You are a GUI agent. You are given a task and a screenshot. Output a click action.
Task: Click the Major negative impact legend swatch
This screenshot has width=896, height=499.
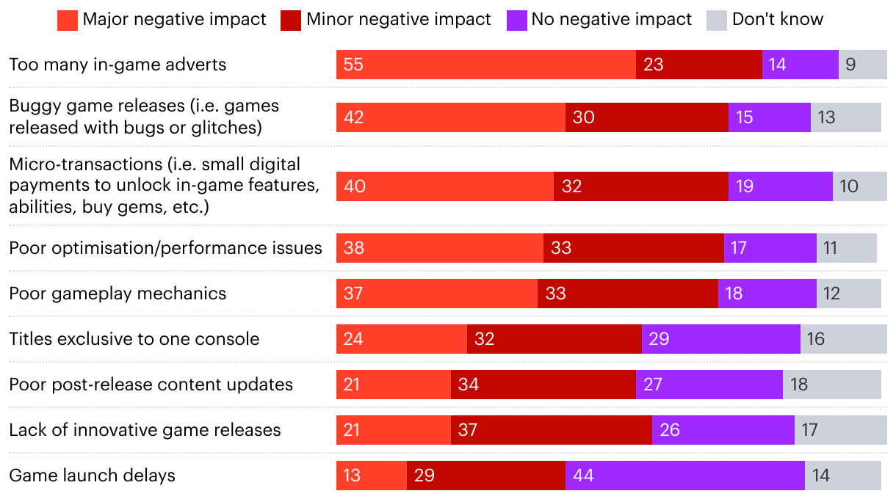67,20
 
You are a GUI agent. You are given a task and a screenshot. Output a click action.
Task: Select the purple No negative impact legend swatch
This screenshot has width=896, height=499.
516,20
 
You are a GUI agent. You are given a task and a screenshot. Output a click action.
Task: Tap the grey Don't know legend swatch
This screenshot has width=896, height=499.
717,20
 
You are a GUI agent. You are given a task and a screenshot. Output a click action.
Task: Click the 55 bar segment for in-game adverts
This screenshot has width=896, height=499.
485,65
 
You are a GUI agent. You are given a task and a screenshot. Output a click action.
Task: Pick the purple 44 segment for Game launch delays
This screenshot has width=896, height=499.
684,476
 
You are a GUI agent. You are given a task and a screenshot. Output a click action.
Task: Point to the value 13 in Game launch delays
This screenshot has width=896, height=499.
353,476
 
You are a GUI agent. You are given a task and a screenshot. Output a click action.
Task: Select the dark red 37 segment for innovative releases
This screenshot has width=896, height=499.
551,430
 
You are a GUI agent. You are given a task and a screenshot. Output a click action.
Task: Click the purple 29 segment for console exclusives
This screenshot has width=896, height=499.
720,339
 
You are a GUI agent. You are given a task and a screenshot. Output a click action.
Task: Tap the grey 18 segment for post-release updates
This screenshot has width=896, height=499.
831,385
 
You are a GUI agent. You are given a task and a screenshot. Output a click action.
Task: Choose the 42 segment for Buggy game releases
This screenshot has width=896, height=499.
450,117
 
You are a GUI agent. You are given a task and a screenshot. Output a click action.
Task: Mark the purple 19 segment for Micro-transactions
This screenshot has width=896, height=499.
780,186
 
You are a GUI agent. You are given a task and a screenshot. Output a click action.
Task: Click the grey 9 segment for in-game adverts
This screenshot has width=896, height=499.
862,65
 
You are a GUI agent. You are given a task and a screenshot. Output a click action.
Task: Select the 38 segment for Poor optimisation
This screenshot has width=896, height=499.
439,248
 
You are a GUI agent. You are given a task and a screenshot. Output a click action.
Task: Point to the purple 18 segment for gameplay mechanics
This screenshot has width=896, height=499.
767,294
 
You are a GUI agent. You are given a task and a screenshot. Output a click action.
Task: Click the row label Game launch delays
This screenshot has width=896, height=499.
93,476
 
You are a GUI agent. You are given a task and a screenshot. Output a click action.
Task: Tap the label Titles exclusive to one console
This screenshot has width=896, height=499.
134,339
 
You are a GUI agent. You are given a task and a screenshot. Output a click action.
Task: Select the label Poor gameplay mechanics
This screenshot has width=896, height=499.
118,294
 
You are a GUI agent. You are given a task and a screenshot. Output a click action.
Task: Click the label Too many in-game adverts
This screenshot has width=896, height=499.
118,65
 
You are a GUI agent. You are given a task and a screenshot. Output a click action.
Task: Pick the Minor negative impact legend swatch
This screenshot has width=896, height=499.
291,20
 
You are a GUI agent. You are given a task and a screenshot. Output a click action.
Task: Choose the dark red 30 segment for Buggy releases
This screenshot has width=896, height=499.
646,117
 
